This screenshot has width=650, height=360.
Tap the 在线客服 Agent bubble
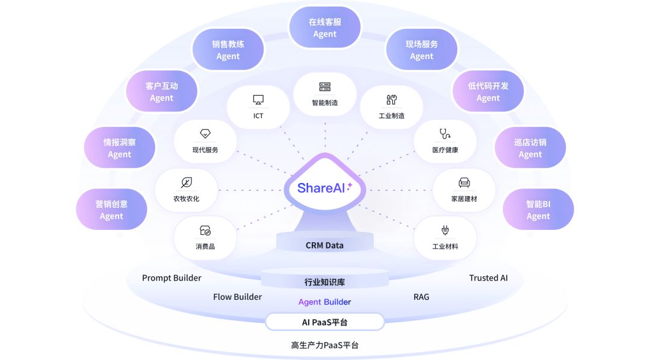[x=325, y=28]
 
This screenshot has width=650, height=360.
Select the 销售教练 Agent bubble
[x=228, y=50]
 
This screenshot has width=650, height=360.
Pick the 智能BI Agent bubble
[x=538, y=210]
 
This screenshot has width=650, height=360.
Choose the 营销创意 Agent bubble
[x=111, y=210]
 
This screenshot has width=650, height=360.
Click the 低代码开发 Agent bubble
[x=488, y=92]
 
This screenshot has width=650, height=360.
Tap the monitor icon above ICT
[x=258, y=100]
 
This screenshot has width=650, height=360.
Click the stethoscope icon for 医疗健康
[x=445, y=134]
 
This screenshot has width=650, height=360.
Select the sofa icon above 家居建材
[x=464, y=182]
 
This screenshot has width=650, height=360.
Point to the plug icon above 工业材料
[x=445, y=231]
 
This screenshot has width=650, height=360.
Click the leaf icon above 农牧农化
[x=187, y=182]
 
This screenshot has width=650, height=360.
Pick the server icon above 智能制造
[x=325, y=87]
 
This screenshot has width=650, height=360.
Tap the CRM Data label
[x=325, y=245]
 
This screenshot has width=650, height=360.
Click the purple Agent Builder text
[x=325, y=302]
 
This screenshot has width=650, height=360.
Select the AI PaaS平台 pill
[x=325, y=322]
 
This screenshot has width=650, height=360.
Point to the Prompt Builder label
[x=172, y=278]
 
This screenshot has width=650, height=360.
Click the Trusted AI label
[x=488, y=278]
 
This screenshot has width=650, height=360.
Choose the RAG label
[x=421, y=297]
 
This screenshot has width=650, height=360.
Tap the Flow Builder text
[x=237, y=297]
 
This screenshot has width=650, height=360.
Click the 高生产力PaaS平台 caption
[x=325, y=346]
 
